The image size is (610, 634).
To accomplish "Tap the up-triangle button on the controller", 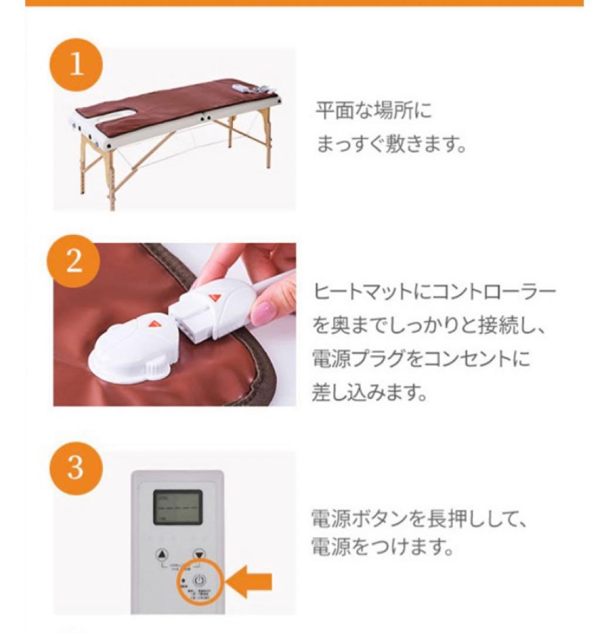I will [162, 554].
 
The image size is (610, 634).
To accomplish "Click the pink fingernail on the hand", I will [265, 309].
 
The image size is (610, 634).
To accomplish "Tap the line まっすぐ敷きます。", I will [391, 144].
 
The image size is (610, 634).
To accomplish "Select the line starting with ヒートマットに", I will [435, 292].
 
